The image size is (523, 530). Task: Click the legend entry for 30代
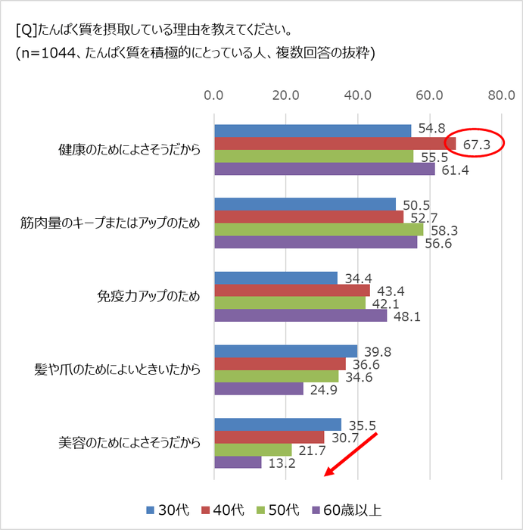click(x=173, y=510)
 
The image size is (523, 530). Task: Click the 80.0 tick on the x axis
click(x=502, y=96)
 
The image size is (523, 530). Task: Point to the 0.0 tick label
click(x=214, y=96)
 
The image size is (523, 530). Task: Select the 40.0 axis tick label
click(x=358, y=96)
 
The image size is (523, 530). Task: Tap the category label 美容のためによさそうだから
click(x=129, y=443)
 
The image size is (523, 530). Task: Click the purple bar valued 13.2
click(x=238, y=462)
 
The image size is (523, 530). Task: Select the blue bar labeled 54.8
click(x=313, y=131)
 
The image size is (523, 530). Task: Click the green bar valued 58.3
click(x=319, y=229)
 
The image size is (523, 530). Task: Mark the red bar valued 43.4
click(x=292, y=291)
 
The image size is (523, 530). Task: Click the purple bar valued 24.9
click(x=259, y=388)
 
